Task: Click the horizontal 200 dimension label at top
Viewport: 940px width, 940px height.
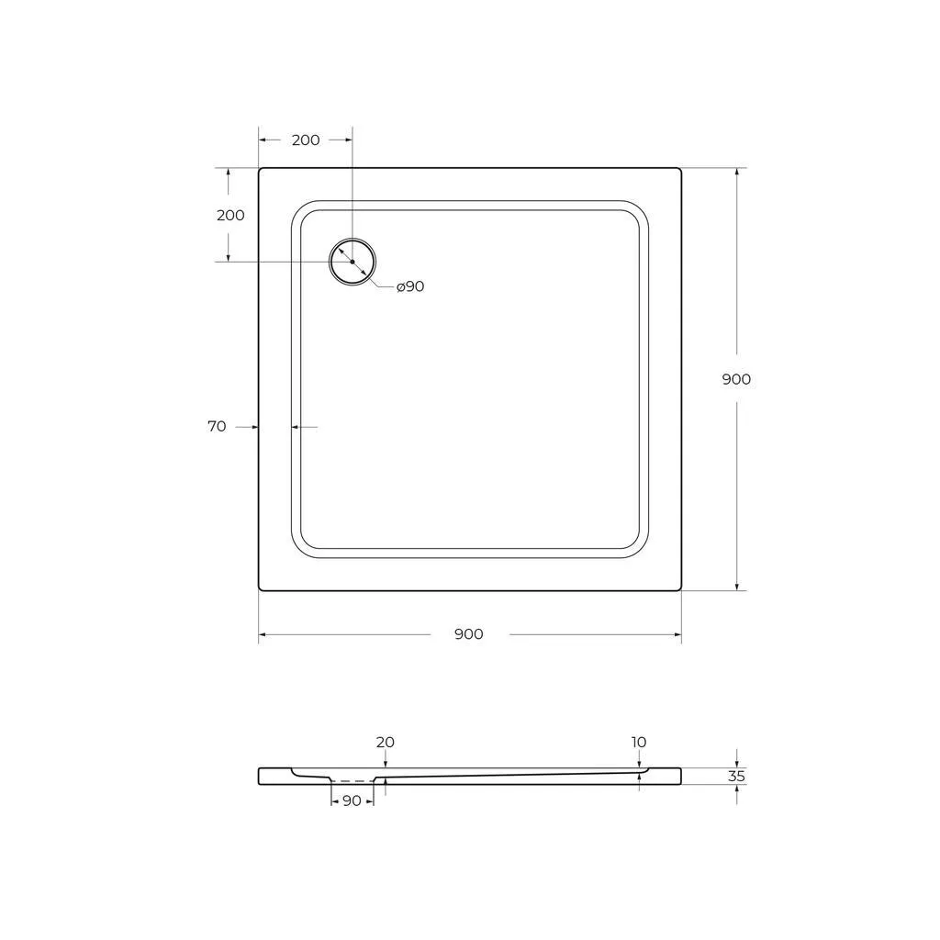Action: (306, 140)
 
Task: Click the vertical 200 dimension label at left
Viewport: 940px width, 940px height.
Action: (230, 215)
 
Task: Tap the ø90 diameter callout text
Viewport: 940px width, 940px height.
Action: (410, 286)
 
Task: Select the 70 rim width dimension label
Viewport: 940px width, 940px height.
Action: (217, 426)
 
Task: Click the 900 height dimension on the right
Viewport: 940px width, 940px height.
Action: (736, 379)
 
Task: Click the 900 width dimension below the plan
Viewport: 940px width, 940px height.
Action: (469, 634)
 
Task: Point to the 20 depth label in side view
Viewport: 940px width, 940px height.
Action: (386, 742)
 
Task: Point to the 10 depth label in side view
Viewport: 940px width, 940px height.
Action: (639, 742)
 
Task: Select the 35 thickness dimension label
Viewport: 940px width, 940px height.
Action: (736, 777)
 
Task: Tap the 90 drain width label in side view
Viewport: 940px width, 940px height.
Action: (352, 800)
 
